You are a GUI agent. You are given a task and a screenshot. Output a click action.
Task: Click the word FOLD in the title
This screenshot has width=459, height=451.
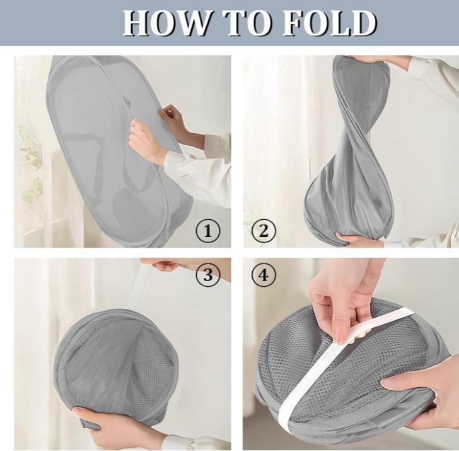coord(330,23)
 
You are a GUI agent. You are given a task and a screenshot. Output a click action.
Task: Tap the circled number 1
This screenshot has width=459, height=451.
coord(208,231)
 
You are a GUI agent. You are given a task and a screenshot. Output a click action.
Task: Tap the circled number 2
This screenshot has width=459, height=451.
coord(264,231)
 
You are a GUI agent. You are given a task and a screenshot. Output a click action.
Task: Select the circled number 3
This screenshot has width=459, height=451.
coord(208,275)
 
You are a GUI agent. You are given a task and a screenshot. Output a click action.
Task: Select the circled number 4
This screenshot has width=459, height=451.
coord(264,275)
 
